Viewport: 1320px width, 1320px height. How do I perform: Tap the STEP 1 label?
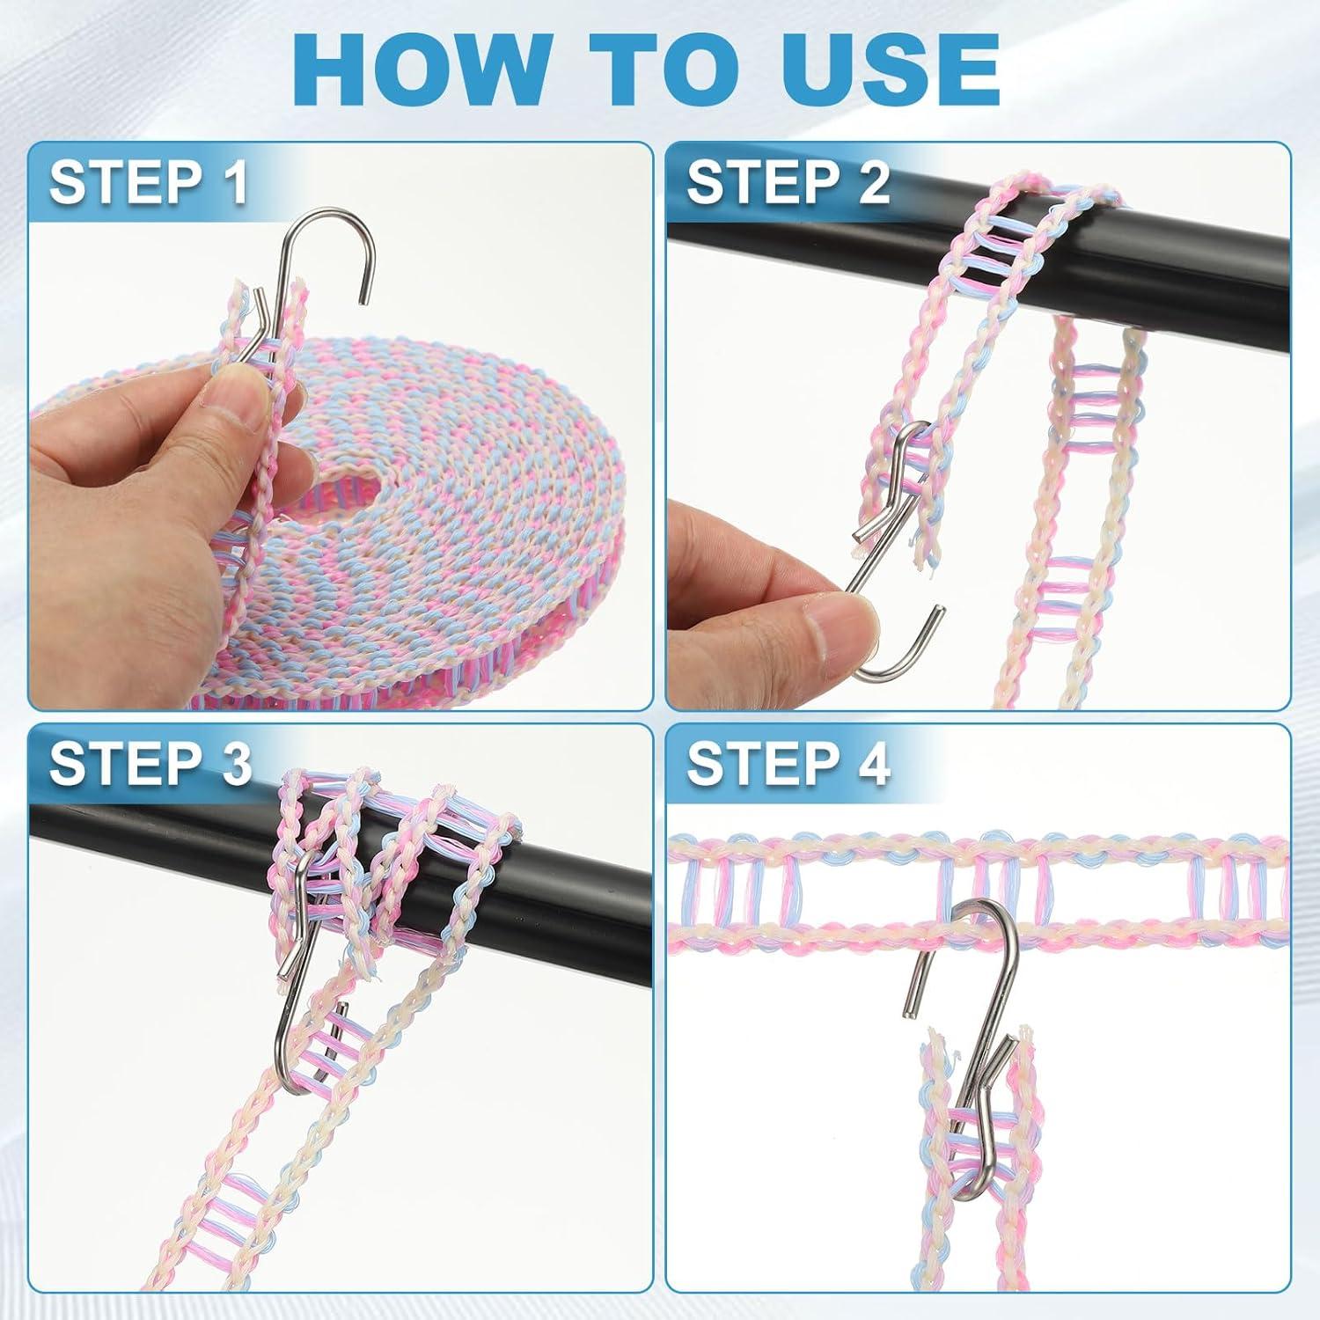coord(148,182)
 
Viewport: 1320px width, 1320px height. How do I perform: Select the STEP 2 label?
coord(788,182)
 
